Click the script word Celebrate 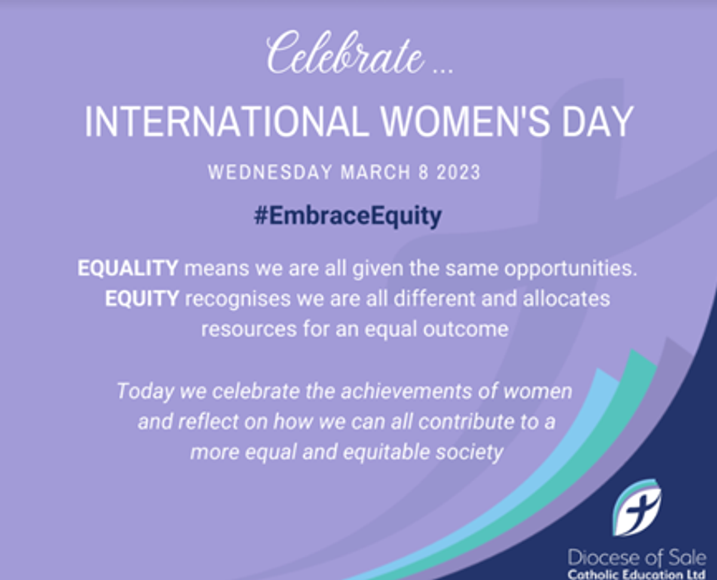[345, 53]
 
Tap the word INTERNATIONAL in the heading [226, 121]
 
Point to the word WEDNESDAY [270, 172]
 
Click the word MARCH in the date [376, 172]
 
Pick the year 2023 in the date [458, 172]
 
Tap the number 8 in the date [424, 172]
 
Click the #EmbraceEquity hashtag [347, 216]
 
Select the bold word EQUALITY [128, 268]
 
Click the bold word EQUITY [142, 298]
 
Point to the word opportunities [571, 270]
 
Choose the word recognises [238, 300]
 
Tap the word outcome [465, 329]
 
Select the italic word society [469, 453]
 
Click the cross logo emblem [636, 507]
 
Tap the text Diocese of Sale [637, 558]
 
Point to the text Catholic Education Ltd [636, 574]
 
